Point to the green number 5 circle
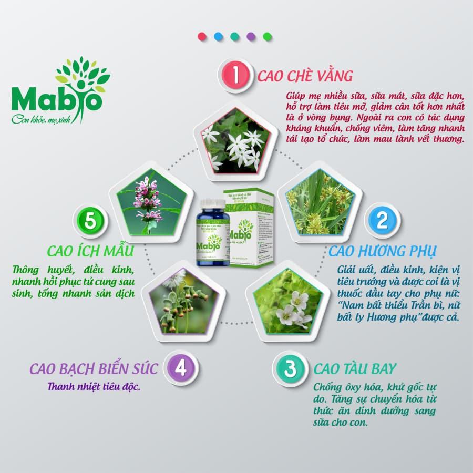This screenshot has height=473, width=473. tap(90, 220)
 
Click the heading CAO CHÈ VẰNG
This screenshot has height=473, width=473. tap(305, 76)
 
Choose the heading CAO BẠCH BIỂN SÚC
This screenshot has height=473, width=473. tap(94, 368)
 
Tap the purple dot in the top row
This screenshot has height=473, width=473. tap(251, 37)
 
